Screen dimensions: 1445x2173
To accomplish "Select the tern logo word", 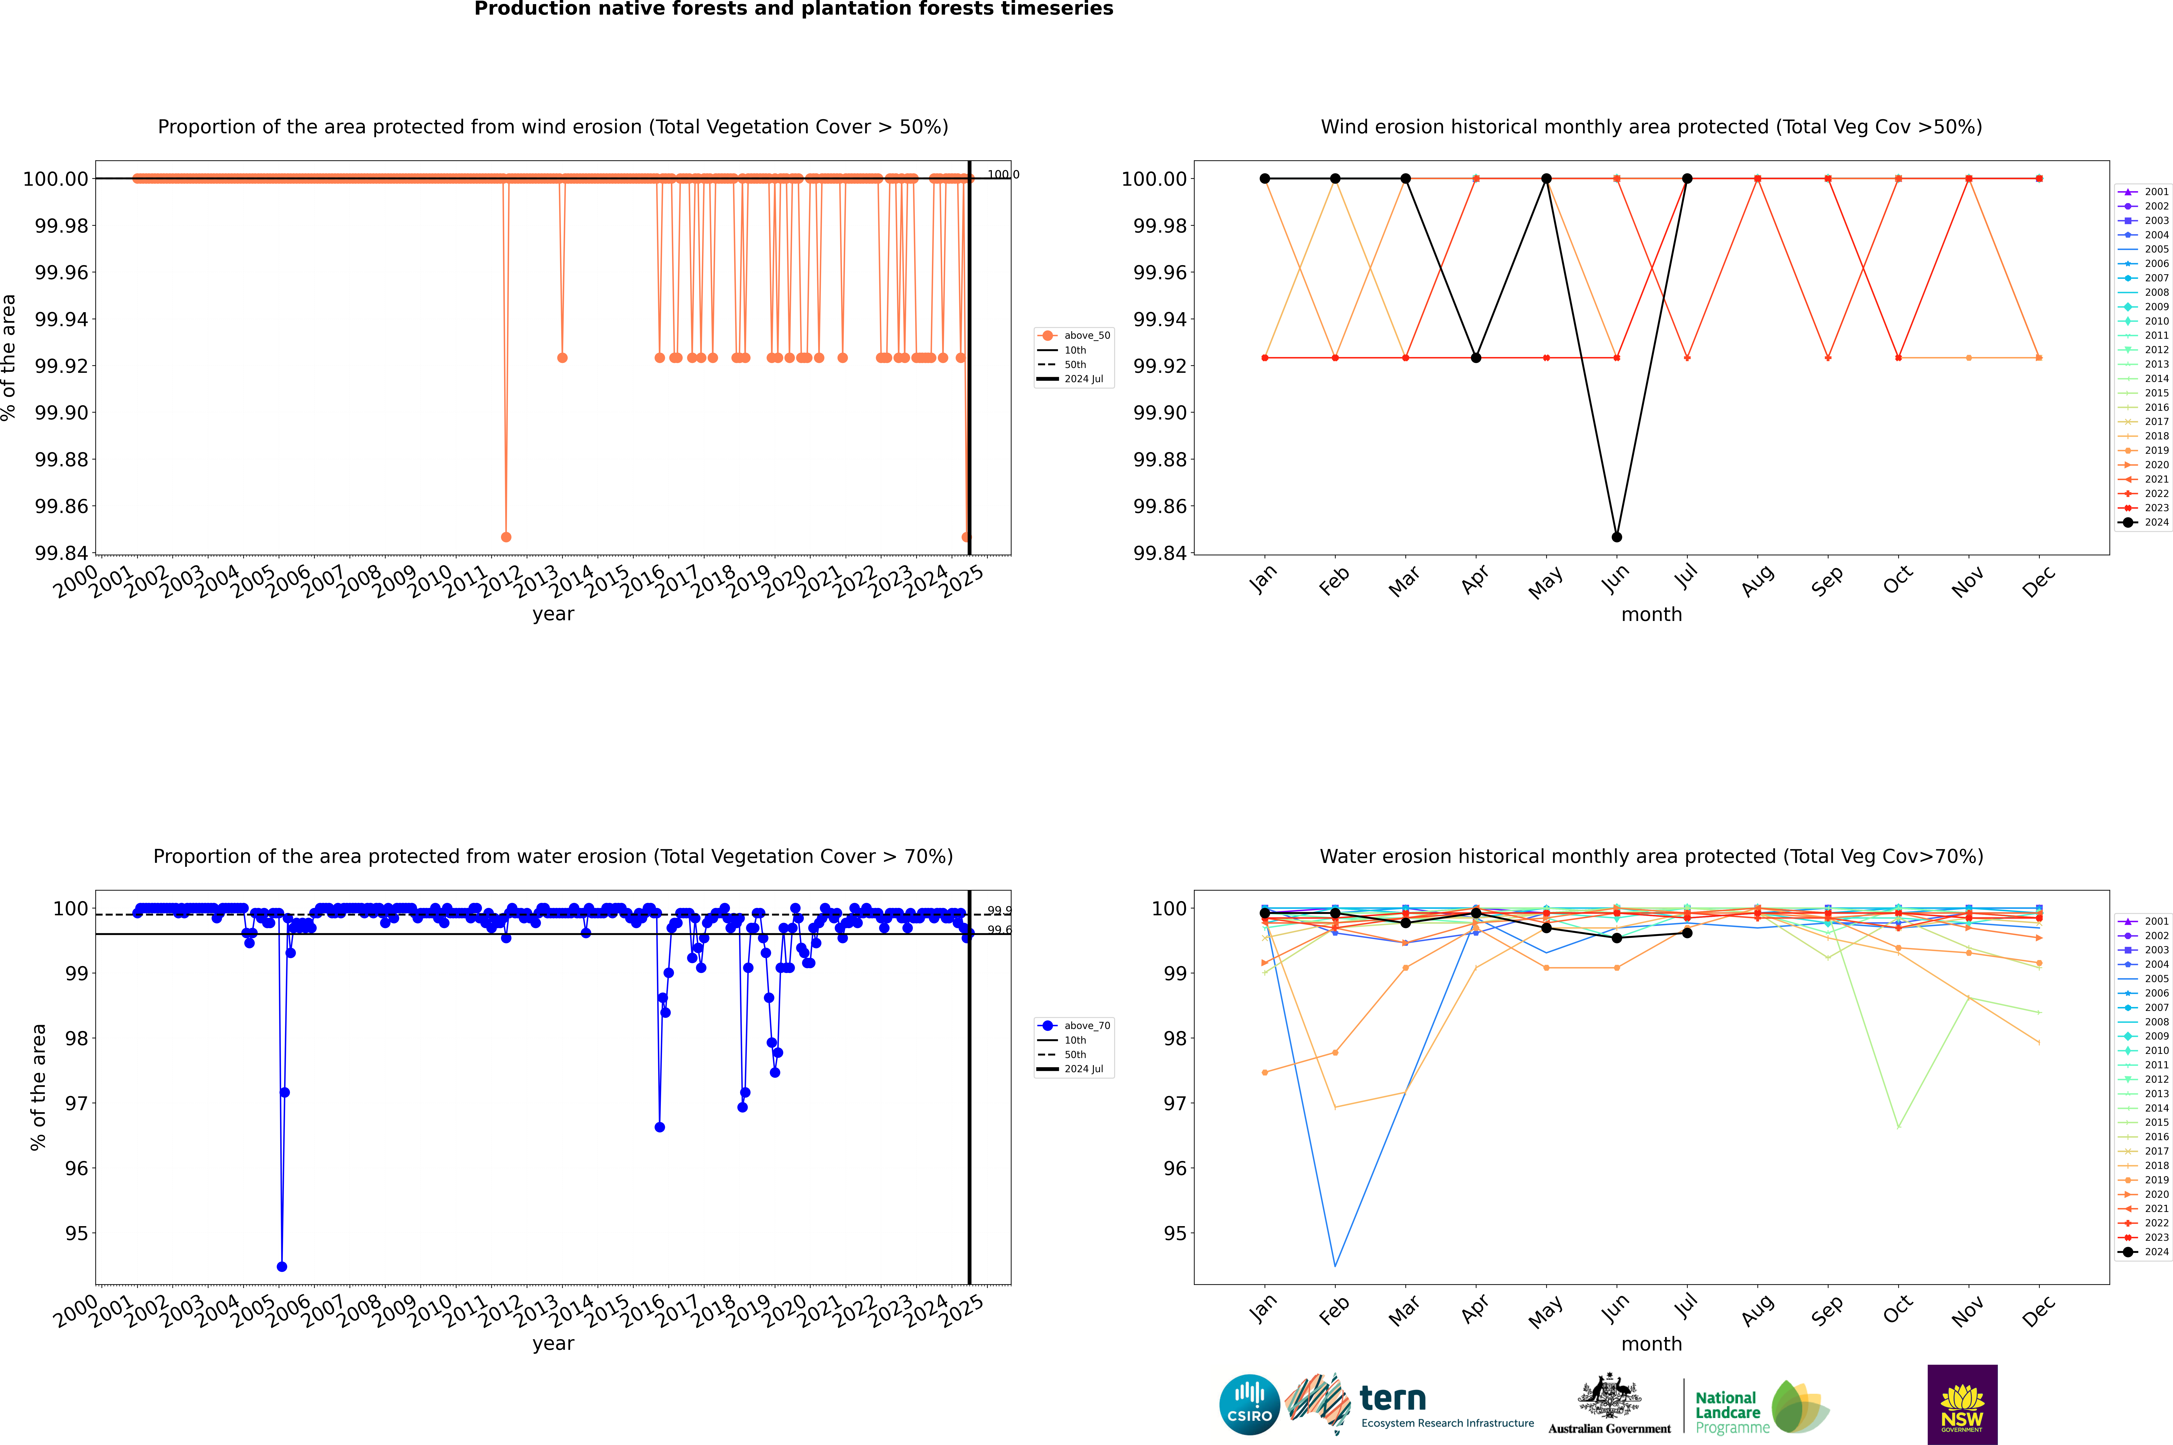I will pos(1393,1399).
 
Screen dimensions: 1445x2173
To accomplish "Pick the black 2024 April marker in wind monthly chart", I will pos(1476,357).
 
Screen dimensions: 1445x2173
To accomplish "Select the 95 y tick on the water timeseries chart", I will pos(76,1233).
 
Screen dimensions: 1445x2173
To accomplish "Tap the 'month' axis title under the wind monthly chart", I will pos(1651,615).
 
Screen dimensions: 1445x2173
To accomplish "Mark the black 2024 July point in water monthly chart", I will pos(1687,933).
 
